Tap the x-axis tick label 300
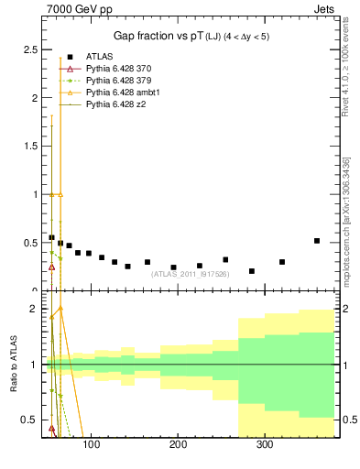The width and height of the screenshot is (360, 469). coord(265,445)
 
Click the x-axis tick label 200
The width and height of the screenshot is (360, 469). coord(178,445)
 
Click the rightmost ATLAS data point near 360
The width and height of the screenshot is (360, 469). coord(317,241)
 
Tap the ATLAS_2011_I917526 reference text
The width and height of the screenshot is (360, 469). coord(189,273)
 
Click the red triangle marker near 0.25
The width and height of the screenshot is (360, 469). coord(52,267)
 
